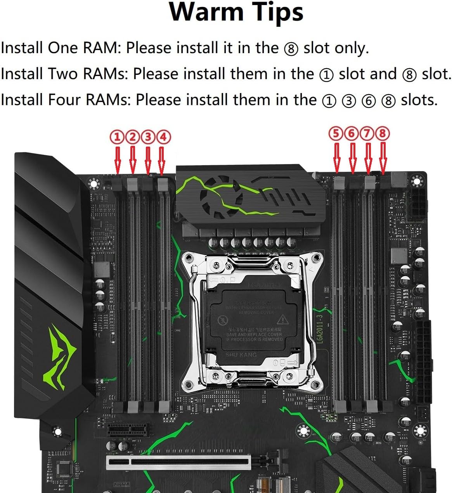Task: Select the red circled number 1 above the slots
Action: (x=118, y=137)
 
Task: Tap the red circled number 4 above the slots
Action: (x=163, y=137)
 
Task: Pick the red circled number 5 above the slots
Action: (x=336, y=133)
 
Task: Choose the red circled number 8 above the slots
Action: (x=382, y=133)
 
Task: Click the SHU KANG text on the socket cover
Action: (x=241, y=355)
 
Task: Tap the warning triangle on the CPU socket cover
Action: (x=282, y=319)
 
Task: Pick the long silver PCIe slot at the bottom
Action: (x=179, y=462)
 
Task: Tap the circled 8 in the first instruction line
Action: (x=291, y=49)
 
